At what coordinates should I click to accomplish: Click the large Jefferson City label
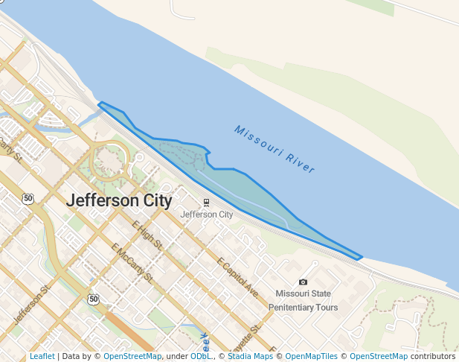[119, 201]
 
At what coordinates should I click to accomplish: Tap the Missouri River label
[275, 149]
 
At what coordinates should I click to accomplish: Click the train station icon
[206, 202]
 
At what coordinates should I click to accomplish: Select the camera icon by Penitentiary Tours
[303, 282]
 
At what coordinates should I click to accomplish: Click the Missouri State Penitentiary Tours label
[303, 300]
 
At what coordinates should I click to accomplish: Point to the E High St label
[147, 238]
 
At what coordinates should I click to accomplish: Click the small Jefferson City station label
[207, 215]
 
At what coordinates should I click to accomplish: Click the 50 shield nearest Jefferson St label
[92, 299]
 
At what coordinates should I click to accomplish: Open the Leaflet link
[42, 357]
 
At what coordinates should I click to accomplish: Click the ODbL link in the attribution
[200, 357]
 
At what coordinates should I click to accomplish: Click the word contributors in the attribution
[432, 357]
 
